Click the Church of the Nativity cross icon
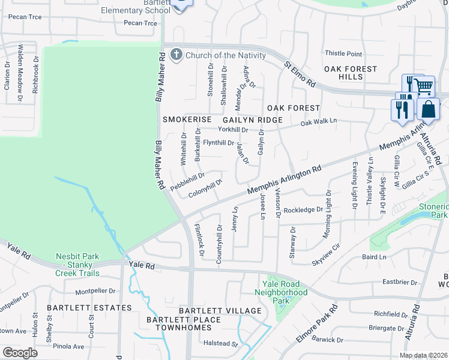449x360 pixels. click(176, 55)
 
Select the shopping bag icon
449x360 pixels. click(429, 109)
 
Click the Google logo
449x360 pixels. click(20, 353)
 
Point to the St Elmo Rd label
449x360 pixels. click(300, 74)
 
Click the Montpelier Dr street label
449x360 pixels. click(95, 291)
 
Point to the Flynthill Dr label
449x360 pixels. click(218, 143)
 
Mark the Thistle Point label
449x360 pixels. click(343, 54)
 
